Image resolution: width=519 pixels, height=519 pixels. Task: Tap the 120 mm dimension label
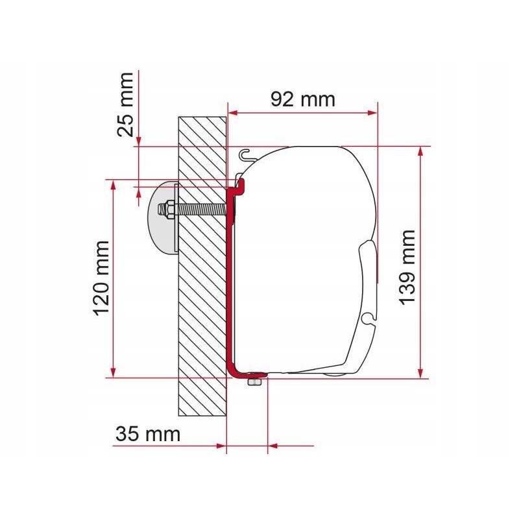102,278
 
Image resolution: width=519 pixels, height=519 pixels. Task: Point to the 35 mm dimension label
147,434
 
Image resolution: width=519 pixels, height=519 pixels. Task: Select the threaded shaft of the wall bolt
201,210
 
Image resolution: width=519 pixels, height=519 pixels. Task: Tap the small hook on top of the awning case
246,154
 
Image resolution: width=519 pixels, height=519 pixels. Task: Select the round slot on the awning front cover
368,319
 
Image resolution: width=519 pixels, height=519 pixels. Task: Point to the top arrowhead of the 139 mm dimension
422,152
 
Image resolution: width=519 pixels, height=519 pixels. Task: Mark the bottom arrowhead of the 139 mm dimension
422,372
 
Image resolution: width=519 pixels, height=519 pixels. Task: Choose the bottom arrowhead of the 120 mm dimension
114,372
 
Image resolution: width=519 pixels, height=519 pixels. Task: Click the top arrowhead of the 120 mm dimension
114,184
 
